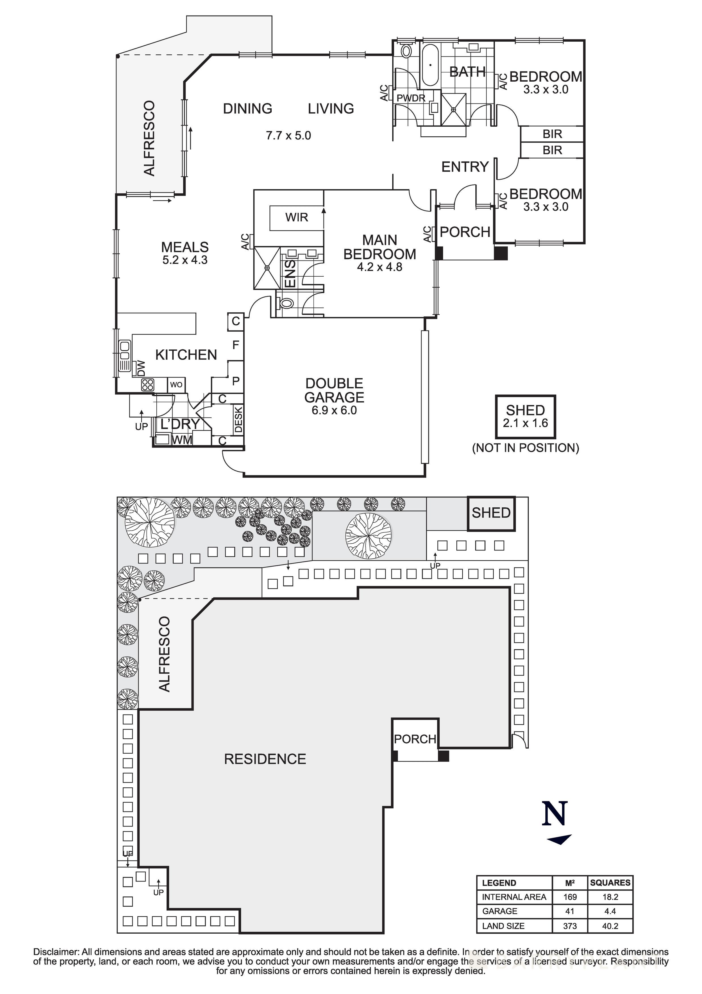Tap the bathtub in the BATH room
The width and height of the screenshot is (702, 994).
[x=430, y=65]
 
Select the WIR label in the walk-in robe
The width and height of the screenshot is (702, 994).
[x=297, y=217]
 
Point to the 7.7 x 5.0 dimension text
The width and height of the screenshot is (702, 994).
[x=288, y=135]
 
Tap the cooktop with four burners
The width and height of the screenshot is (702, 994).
[x=148, y=384]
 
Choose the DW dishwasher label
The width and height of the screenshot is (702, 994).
[x=141, y=368]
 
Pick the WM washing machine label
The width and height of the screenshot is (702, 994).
[x=182, y=440]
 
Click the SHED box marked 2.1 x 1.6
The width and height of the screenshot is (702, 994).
[x=526, y=416]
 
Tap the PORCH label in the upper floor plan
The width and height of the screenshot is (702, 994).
[x=465, y=232]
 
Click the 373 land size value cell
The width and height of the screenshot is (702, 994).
[x=570, y=926]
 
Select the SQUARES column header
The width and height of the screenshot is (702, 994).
[x=610, y=883]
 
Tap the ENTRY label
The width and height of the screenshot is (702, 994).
[x=465, y=167]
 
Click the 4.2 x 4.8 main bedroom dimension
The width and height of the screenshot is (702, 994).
[x=380, y=267]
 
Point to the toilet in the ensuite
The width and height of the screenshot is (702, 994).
[x=285, y=303]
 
